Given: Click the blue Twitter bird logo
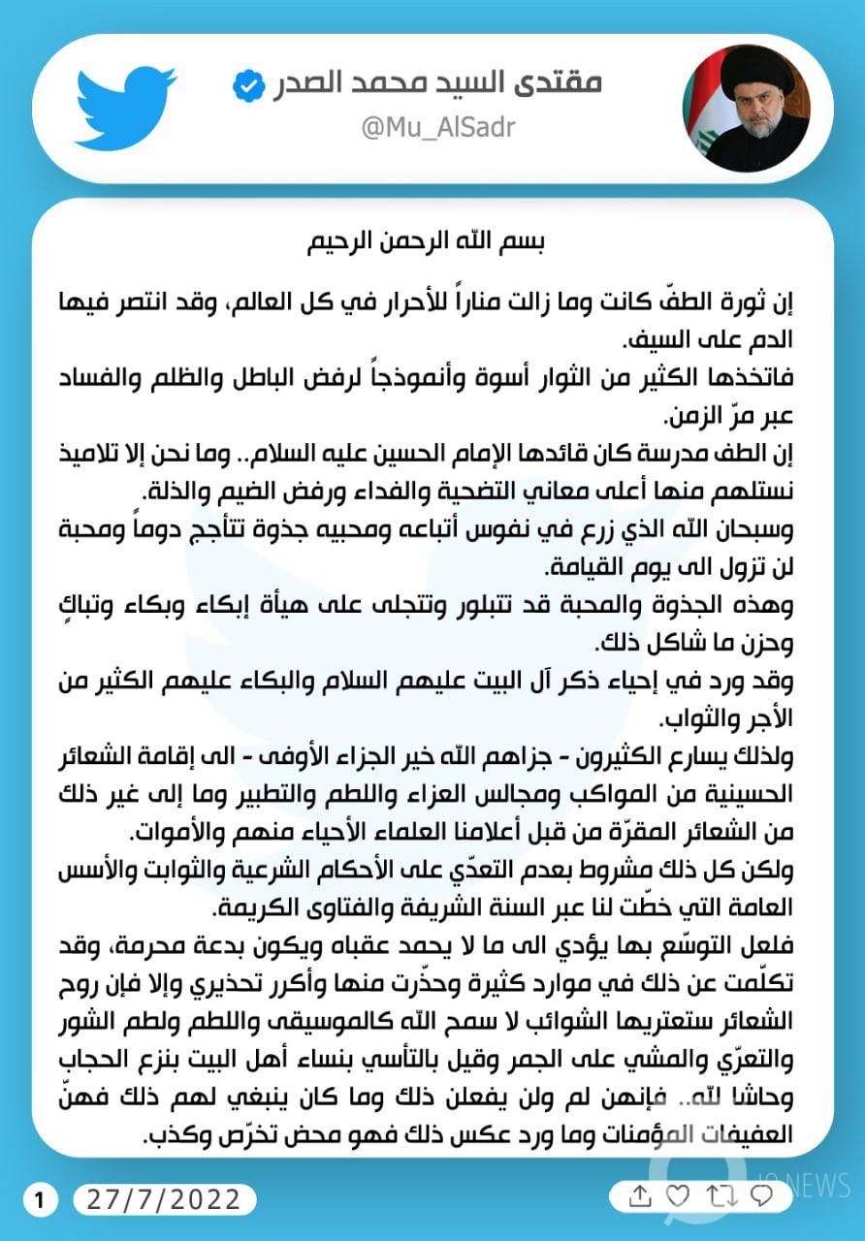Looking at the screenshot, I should [x=125, y=107].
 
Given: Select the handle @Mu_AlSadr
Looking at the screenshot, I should [x=438, y=127].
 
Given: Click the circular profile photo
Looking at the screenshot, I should [x=745, y=108].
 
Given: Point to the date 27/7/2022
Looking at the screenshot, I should [x=164, y=1200].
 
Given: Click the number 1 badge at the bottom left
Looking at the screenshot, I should [x=40, y=1200].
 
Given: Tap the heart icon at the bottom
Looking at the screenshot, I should [x=678, y=1195].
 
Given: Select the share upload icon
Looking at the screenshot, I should [x=639, y=1195].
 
